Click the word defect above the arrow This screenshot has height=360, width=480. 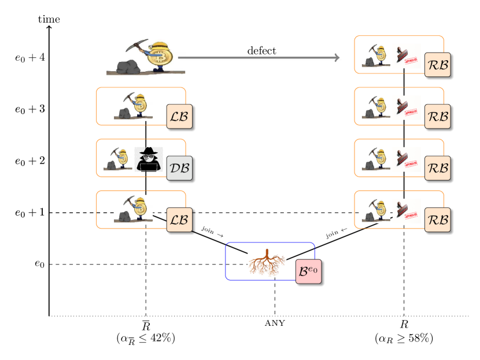click(x=262, y=51)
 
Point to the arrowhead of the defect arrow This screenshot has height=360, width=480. click(x=336, y=58)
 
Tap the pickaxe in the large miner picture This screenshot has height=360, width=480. click(x=135, y=46)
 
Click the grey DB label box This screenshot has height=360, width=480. click(x=179, y=168)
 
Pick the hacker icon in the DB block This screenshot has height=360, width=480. click(x=149, y=160)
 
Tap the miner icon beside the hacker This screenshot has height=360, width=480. click(x=119, y=159)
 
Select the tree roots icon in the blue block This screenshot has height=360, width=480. click(x=267, y=263)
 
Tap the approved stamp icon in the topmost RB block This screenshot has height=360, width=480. click(x=407, y=57)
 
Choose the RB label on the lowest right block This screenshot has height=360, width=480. click(x=438, y=220)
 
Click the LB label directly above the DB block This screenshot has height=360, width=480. click(x=179, y=116)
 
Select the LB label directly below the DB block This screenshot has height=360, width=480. click(x=179, y=220)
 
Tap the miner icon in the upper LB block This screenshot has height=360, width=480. click(x=134, y=106)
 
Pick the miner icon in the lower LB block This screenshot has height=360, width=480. click(x=134, y=210)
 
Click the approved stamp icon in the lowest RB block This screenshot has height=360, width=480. click(x=407, y=211)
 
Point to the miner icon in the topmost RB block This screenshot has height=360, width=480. click(x=376, y=57)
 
